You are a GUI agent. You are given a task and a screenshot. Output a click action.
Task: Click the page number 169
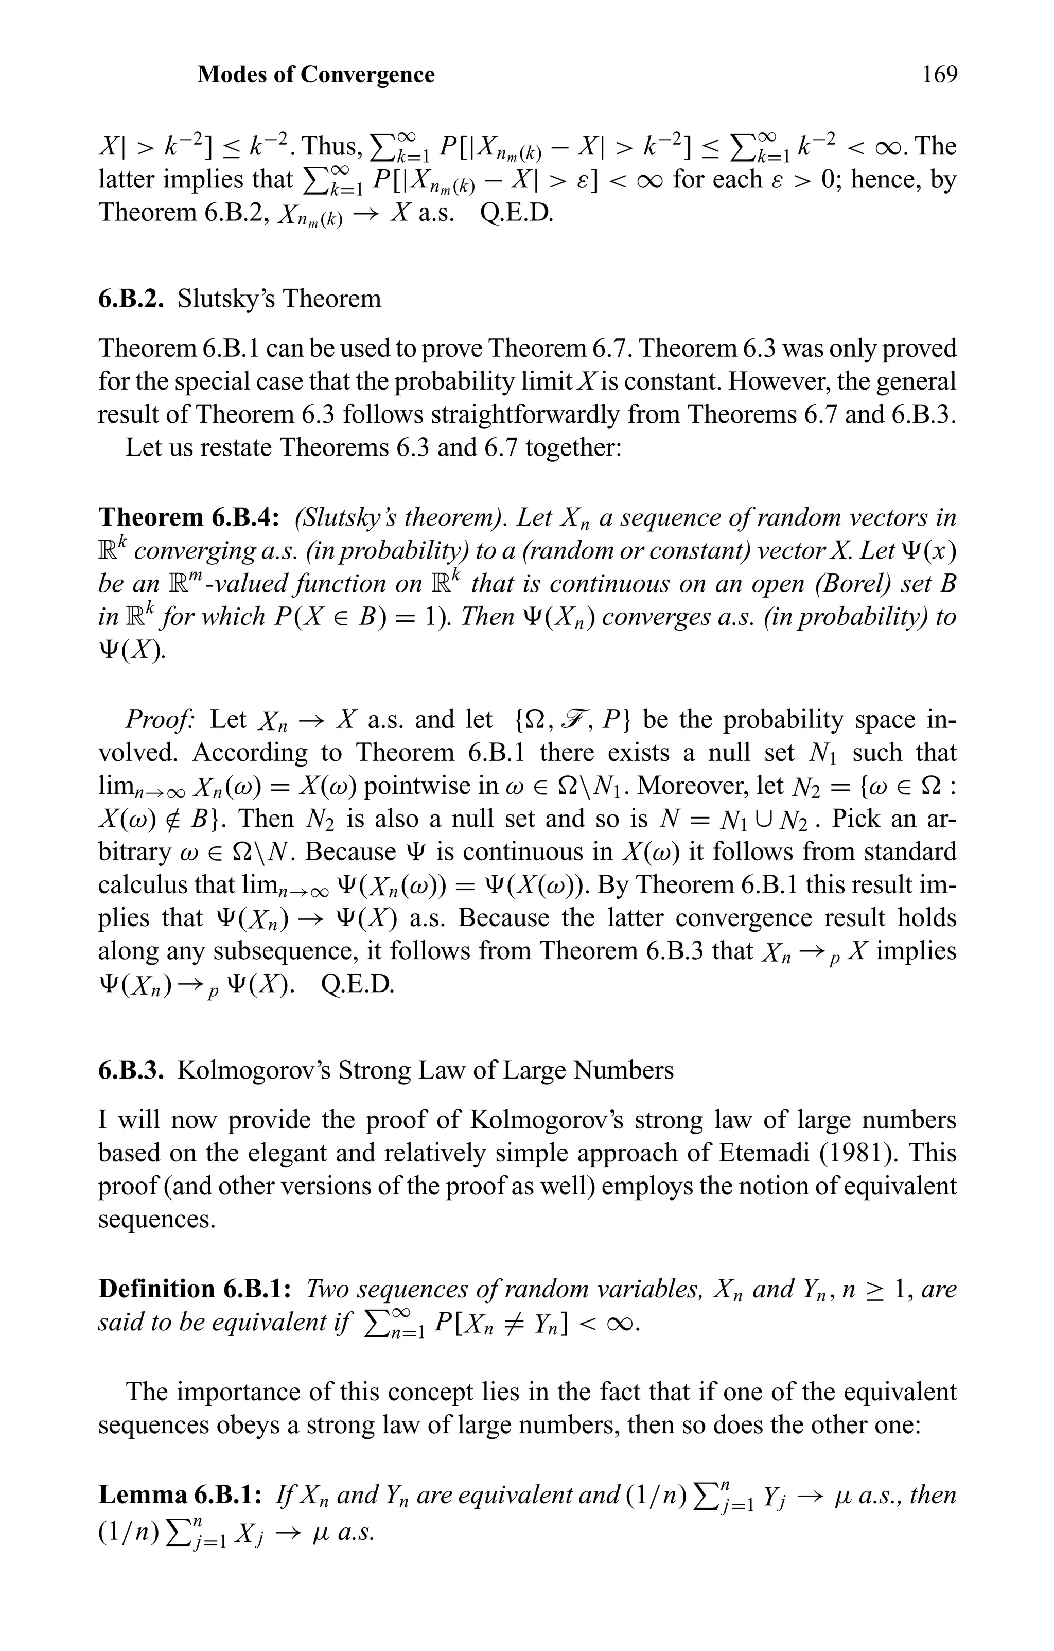(939, 74)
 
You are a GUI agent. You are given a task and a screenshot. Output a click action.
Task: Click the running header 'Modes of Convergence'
(316, 74)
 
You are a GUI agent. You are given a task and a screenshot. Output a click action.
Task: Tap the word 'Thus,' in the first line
(331, 147)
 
